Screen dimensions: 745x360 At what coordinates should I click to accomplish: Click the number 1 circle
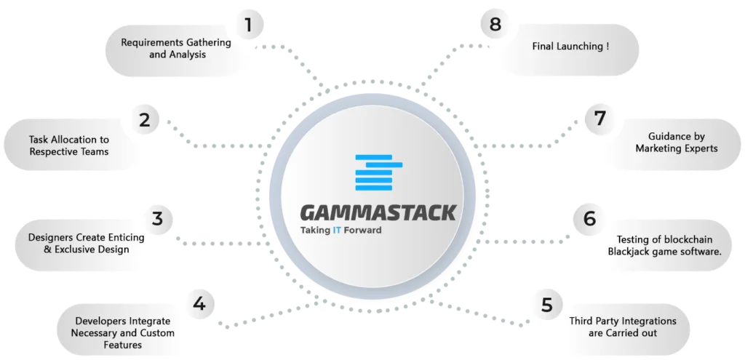(x=249, y=24)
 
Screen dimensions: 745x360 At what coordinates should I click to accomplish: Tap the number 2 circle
(x=145, y=119)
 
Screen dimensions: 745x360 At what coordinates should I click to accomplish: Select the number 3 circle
(x=158, y=219)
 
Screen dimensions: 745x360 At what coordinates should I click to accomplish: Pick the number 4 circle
(x=199, y=303)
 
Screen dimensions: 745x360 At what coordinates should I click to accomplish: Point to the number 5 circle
(x=547, y=305)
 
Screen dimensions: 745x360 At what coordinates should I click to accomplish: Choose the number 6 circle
(x=589, y=219)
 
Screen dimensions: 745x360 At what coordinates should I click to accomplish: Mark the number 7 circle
(x=600, y=119)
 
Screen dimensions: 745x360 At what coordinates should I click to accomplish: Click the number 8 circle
(x=495, y=24)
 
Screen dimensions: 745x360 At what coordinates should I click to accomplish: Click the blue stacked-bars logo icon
(x=378, y=172)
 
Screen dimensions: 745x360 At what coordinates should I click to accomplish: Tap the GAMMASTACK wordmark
(x=378, y=213)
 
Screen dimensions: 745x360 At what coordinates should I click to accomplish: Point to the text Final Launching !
(x=570, y=47)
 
